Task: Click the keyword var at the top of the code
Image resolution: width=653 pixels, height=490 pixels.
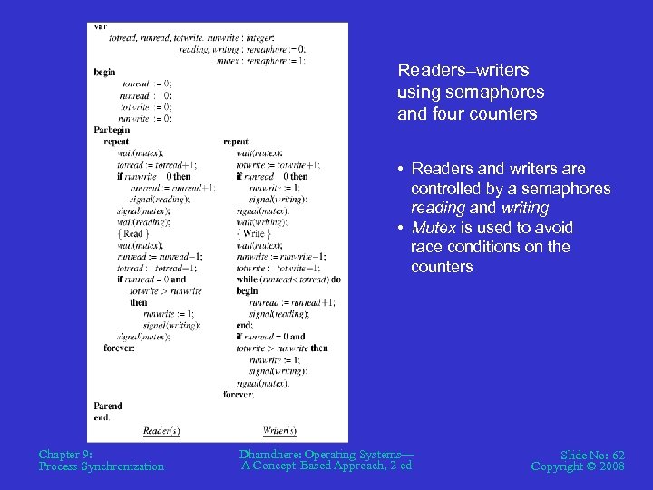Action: point(100,26)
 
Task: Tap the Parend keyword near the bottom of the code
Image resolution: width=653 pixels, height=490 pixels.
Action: point(107,406)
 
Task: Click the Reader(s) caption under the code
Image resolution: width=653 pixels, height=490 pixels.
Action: point(161,430)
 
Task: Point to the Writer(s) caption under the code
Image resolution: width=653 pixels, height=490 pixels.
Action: point(280,430)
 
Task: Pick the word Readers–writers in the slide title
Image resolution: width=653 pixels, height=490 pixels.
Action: point(463,70)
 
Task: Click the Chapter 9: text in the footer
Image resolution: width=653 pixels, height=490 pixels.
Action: point(66,454)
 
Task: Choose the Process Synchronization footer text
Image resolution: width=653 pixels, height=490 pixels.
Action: point(102,466)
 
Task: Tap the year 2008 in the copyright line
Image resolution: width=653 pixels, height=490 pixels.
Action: point(610,466)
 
